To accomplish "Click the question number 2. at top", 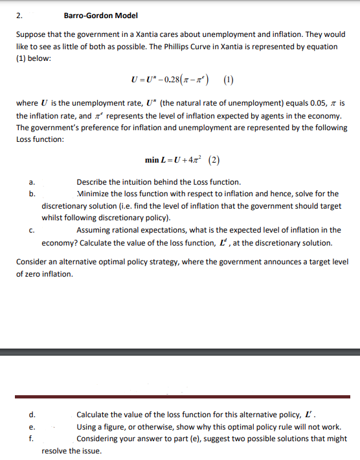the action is click(x=18, y=16).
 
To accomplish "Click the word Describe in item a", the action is click(x=92, y=182).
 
